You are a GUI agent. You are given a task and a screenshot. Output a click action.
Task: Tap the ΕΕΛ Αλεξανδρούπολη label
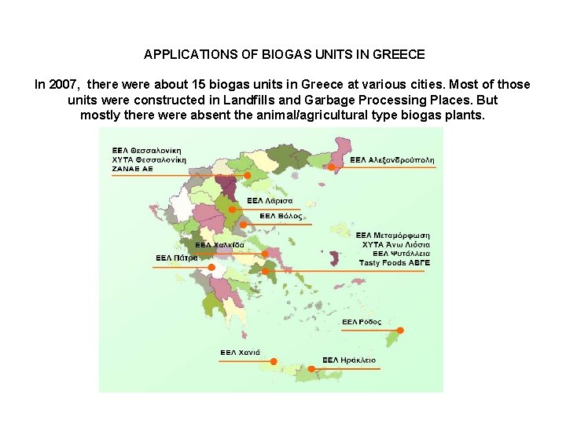click(391, 160)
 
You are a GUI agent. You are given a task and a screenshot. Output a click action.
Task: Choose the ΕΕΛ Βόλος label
click(280, 216)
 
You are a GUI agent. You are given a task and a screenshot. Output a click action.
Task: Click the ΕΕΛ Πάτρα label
click(176, 258)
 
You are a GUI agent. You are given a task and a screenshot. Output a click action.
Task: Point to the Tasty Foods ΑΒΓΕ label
click(395, 263)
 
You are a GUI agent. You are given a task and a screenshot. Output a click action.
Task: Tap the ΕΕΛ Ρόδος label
click(362, 322)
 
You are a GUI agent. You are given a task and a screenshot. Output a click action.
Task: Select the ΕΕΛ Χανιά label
click(240, 353)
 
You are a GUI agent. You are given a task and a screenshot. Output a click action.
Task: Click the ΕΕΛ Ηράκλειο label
click(349, 360)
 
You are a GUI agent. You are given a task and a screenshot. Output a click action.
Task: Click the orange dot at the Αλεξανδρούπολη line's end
click(332, 167)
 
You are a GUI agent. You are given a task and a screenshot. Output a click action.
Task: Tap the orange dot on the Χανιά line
click(274, 362)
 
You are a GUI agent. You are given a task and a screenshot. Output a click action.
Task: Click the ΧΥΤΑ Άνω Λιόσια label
click(395, 244)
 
